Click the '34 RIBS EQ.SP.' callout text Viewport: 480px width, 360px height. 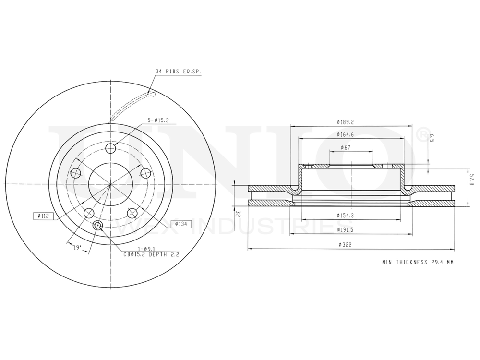(178, 71)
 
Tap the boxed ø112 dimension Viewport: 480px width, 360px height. (43, 216)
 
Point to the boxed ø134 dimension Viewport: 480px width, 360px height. (181, 224)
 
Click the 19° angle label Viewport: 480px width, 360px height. (77, 248)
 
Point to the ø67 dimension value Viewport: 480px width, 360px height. (345, 147)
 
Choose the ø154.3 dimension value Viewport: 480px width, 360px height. (345, 216)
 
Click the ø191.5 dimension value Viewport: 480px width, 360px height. (346, 230)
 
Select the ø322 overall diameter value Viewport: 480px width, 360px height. (345, 245)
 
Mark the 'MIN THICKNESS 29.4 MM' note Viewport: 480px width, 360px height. (418, 262)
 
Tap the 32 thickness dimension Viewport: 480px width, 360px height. (237, 213)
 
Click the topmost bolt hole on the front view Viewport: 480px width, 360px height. (110, 148)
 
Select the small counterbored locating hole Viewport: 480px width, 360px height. (98, 226)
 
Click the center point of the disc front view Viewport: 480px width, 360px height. (110, 184)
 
